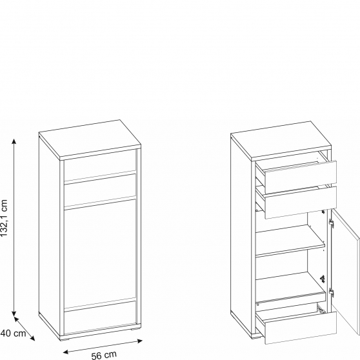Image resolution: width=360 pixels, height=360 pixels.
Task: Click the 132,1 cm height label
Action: tap(4, 218)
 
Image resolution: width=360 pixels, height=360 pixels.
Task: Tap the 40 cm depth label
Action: tap(13, 333)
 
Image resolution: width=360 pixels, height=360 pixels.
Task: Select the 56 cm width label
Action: tap(104, 355)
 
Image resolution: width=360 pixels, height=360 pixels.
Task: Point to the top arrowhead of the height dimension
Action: tap(14, 141)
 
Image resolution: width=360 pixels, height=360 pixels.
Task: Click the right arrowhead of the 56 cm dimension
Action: tap(140, 341)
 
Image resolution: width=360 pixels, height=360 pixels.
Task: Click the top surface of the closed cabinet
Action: tap(90, 139)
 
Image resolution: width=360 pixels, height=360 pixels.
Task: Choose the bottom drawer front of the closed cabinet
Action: tap(100, 317)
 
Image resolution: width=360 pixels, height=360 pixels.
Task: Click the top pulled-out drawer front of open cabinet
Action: tap(301, 177)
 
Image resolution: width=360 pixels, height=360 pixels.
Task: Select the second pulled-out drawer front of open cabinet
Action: tap(301, 203)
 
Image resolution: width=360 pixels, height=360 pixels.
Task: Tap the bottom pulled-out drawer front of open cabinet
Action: tap(301, 328)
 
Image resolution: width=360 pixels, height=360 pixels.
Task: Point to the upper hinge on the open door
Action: tap(331, 223)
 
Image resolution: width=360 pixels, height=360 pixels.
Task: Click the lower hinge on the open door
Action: tap(331, 292)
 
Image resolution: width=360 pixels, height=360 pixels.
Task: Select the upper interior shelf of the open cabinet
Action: tap(290, 241)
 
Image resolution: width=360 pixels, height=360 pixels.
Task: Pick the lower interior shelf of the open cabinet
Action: tap(291, 288)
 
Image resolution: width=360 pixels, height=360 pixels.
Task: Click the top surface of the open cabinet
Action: tap(281, 140)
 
